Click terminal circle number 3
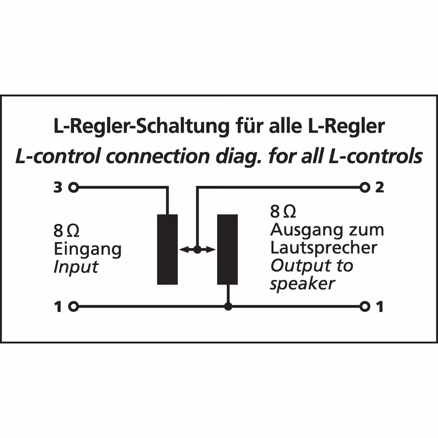[x=74, y=187]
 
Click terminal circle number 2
[x=364, y=187]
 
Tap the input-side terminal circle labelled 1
[x=74, y=306]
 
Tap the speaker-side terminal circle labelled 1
[x=364, y=306]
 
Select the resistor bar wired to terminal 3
[x=167, y=249]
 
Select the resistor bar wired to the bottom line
[x=227, y=249]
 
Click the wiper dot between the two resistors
[x=197, y=249]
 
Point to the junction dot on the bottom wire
[x=228, y=306]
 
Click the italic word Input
[x=76, y=267]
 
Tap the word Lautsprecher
[x=323, y=248]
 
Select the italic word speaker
[x=302, y=284]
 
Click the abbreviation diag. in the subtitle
[x=240, y=157]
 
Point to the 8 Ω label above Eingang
[x=66, y=231]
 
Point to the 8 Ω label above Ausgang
[x=283, y=212]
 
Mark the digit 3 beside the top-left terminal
[x=58, y=187]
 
